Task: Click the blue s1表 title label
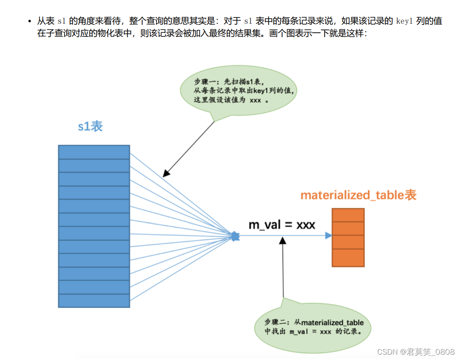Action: click(90, 126)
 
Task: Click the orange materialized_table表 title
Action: click(358, 195)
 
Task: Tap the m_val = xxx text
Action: click(282, 225)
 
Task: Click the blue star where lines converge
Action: click(235, 236)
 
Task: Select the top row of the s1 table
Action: click(94, 152)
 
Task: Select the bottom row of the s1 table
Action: click(94, 301)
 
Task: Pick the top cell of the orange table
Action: click(348, 215)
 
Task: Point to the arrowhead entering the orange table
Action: click(329, 236)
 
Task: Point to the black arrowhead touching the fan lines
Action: click(165, 174)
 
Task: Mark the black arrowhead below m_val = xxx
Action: click(282, 241)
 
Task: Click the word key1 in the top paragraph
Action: click(405, 21)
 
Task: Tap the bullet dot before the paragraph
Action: click(29, 21)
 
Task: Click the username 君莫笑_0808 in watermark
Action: click(431, 352)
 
